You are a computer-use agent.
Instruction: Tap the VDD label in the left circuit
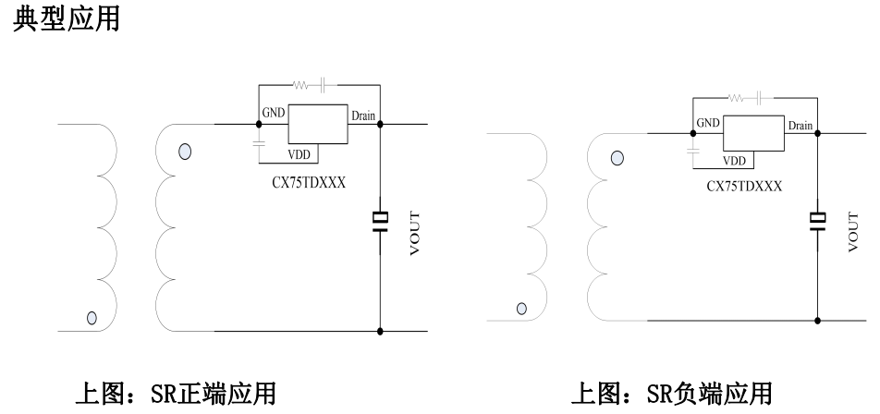point(300,154)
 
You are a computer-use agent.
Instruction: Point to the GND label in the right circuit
point(708,123)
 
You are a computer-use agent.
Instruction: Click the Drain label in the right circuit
point(800,125)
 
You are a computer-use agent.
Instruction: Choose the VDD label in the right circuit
point(734,161)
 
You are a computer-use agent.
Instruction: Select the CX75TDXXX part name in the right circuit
point(744,186)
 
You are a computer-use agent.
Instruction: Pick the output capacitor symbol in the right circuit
point(817,223)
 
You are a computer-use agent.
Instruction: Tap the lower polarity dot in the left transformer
point(92,318)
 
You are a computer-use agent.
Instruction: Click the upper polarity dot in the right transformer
point(617,158)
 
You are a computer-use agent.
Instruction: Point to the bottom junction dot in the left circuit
point(380,330)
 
